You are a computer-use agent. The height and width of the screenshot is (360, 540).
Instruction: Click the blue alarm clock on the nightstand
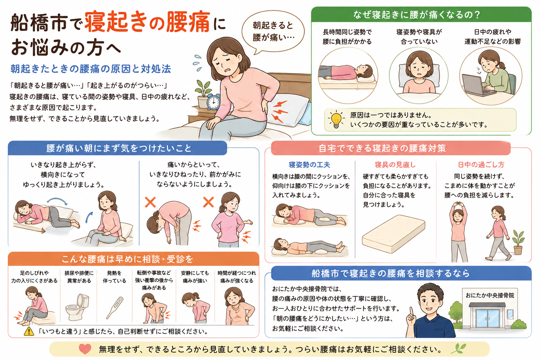click(213, 102)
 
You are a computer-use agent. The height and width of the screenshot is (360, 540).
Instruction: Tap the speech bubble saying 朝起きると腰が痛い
click(273, 31)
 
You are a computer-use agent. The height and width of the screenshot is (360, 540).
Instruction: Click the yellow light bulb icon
click(336, 120)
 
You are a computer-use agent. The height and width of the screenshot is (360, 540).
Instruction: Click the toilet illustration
click(78, 307)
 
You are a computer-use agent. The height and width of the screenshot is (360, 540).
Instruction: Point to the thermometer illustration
click(115, 308)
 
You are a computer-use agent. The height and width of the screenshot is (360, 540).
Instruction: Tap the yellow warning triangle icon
click(29, 331)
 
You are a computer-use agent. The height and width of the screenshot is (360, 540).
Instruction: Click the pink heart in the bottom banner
click(85, 349)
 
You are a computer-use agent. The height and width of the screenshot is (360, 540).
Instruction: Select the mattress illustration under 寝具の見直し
click(393, 234)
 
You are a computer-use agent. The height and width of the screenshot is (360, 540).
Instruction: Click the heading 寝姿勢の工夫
click(309, 165)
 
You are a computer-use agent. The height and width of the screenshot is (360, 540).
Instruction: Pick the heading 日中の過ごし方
click(481, 165)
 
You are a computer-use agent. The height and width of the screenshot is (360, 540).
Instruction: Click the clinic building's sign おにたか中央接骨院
click(490, 295)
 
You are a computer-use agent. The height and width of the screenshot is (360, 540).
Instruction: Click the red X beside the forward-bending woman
click(150, 202)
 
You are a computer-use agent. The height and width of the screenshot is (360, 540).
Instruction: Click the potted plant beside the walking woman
click(518, 242)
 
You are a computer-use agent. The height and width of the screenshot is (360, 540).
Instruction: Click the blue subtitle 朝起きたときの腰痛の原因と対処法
click(91, 69)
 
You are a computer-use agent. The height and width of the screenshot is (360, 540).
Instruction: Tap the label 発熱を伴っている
click(115, 277)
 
